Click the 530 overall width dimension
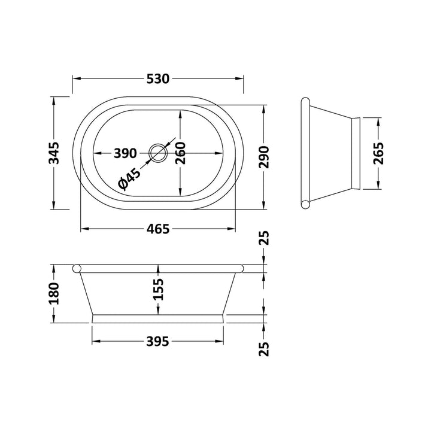pos(158,78)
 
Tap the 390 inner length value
pos(126,153)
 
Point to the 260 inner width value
pos(180,153)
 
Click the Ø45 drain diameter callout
pos(129,179)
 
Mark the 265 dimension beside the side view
pos(378,153)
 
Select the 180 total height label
pos(53,294)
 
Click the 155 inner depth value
pos(158,290)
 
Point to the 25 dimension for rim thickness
pos(265,239)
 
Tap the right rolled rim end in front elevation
pos(241,268)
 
